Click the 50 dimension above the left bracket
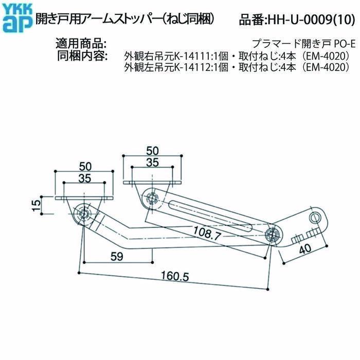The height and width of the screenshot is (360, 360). coord(85,166)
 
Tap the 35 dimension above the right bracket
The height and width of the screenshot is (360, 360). coord(152,163)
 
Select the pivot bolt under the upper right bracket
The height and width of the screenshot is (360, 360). coord(151,197)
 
